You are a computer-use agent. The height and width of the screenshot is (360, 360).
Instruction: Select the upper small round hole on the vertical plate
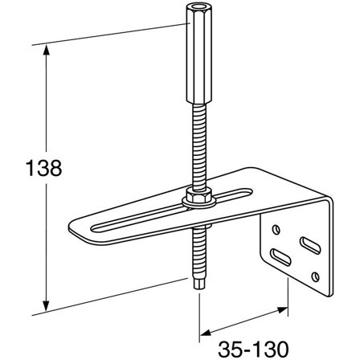278,231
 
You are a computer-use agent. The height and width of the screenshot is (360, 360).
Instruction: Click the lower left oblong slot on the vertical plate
282,257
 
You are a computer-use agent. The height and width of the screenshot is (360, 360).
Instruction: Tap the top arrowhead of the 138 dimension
47,50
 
